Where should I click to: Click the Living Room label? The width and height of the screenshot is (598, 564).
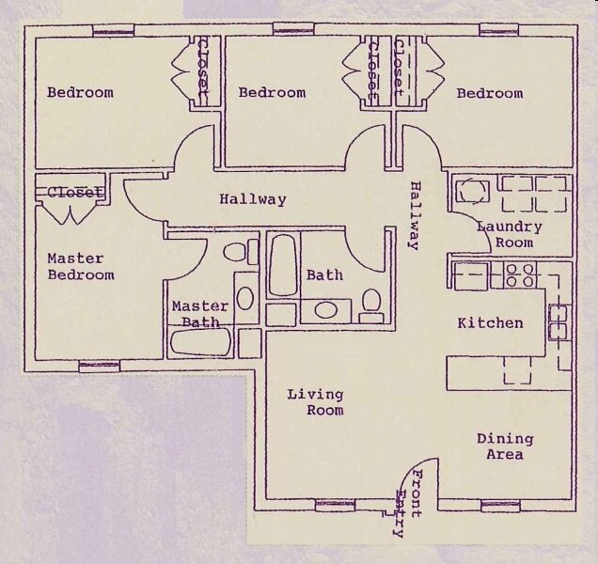coord(315,402)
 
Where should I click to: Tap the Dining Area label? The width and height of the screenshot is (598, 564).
coord(504,446)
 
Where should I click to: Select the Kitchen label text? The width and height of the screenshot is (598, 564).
coord(490,323)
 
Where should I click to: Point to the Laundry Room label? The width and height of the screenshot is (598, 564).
coord(509,234)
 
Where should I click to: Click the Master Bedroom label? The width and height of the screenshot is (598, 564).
coord(80,267)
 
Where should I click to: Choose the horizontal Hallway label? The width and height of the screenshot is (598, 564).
coord(252,199)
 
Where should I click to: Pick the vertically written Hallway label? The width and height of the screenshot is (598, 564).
coord(414,215)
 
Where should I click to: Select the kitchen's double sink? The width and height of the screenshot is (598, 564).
coord(558,321)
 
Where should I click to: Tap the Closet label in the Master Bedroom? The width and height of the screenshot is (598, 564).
coord(73,193)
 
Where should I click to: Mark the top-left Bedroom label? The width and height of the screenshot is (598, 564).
coord(80,92)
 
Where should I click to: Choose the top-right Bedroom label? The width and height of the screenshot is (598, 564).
coord(490,93)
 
